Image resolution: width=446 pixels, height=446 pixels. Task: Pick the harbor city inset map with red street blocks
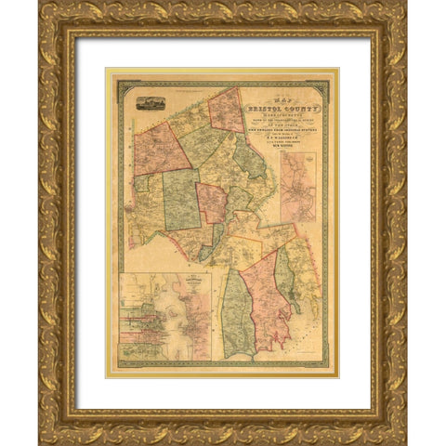(x=165, y=316)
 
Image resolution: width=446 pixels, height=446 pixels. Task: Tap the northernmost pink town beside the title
(x=226, y=110)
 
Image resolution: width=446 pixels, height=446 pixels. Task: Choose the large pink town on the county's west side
(x=161, y=149)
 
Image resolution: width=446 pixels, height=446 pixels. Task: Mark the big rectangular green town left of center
(x=183, y=199)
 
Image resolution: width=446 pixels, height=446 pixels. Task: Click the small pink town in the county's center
(x=211, y=202)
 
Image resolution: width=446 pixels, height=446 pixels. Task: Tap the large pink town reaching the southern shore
(x=269, y=302)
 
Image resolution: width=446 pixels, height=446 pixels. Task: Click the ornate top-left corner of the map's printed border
(x=120, y=83)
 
